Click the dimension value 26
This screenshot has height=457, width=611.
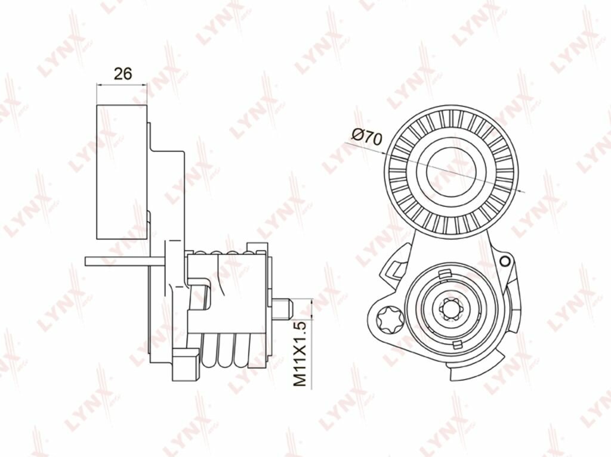(x=122, y=74)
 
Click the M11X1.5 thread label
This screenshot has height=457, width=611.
(x=300, y=354)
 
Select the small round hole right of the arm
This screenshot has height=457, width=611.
(x=506, y=260)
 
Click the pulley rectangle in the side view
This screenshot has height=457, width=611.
(x=122, y=172)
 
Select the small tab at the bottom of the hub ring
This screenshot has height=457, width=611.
(x=456, y=344)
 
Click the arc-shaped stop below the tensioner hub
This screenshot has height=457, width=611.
(x=477, y=370)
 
